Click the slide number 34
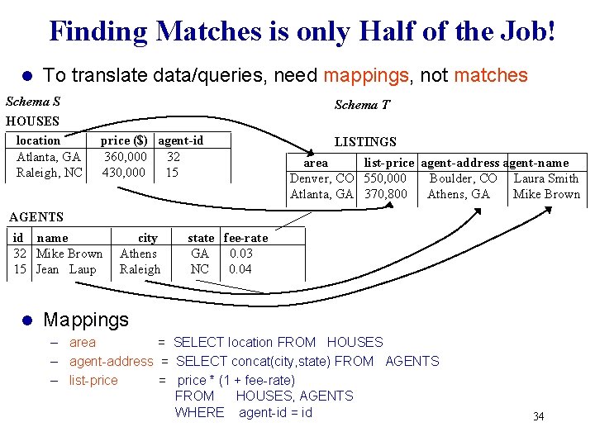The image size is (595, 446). pyautogui.click(x=538, y=416)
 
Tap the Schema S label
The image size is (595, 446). pyautogui.click(x=33, y=102)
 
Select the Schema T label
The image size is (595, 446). pyautogui.click(x=362, y=104)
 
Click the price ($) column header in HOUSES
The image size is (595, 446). pyautogui.click(x=124, y=140)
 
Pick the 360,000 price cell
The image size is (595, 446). pyautogui.click(x=125, y=156)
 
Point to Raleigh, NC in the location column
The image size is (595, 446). pyautogui.click(x=50, y=173)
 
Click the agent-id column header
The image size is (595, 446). pyautogui.click(x=181, y=140)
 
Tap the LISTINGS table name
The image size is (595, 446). pyautogui.click(x=365, y=142)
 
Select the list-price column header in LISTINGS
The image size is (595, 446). pyautogui.click(x=388, y=163)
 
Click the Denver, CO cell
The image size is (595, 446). pyautogui.click(x=321, y=178)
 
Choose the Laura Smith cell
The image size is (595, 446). pyautogui.click(x=546, y=178)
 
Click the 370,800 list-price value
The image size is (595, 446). pyautogui.click(x=385, y=195)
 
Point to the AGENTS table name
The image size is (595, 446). pyautogui.click(x=36, y=217)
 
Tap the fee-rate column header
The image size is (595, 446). pyautogui.click(x=245, y=238)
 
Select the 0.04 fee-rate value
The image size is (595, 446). pyautogui.click(x=240, y=269)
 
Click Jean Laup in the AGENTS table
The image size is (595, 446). pyautogui.click(x=67, y=269)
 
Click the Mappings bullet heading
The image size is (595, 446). pyautogui.click(x=86, y=319)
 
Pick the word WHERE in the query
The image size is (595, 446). pyautogui.click(x=199, y=412)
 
